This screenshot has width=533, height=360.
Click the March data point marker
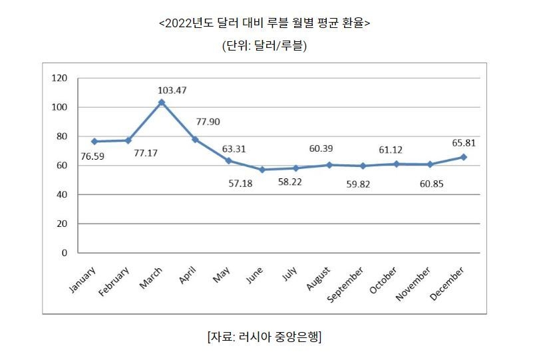(x=162, y=102)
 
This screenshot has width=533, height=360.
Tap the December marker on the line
(x=463, y=157)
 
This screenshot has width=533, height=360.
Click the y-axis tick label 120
(x=60, y=79)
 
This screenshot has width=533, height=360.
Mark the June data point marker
(x=262, y=170)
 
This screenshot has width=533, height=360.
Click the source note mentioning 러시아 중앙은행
(x=265, y=337)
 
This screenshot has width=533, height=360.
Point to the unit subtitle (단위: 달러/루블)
(x=264, y=46)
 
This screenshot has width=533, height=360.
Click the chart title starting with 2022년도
(x=264, y=23)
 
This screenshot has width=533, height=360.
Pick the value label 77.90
(x=208, y=122)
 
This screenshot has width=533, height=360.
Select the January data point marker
(x=94, y=141)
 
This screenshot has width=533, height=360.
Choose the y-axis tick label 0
(x=65, y=253)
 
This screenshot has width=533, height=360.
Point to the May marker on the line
(x=229, y=161)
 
